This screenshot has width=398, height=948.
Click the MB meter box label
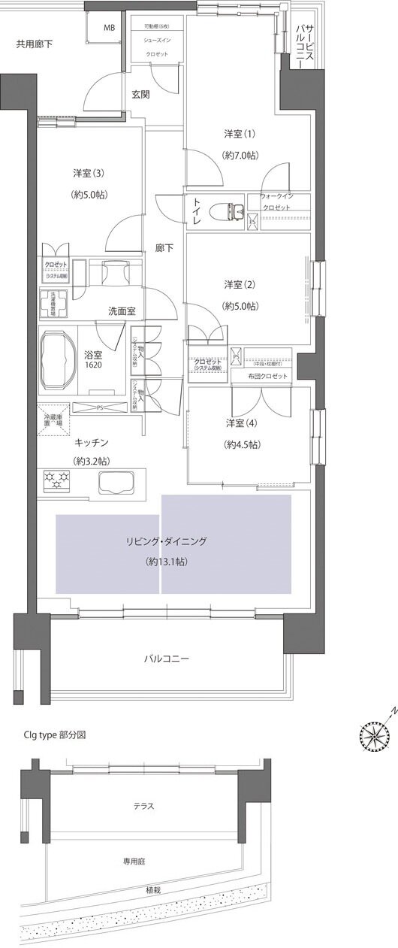pyautogui.click(x=110, y=29)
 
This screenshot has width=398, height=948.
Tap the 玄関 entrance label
pyautogui.click(x=140, y=95)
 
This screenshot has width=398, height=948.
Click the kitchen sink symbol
pyautogui.click(x=114, y=481)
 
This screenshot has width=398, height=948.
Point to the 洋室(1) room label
pyautogui.click(x=240, y=135)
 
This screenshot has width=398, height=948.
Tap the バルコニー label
pyautogui.click(x=166, y=659)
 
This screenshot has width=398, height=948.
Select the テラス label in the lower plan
pyautogui.click(x=144, y=806)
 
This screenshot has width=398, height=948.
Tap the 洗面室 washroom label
pyautogui.click(x=122, y=310)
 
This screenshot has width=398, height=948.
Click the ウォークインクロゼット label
pyautogui.click(x=276, y=201)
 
